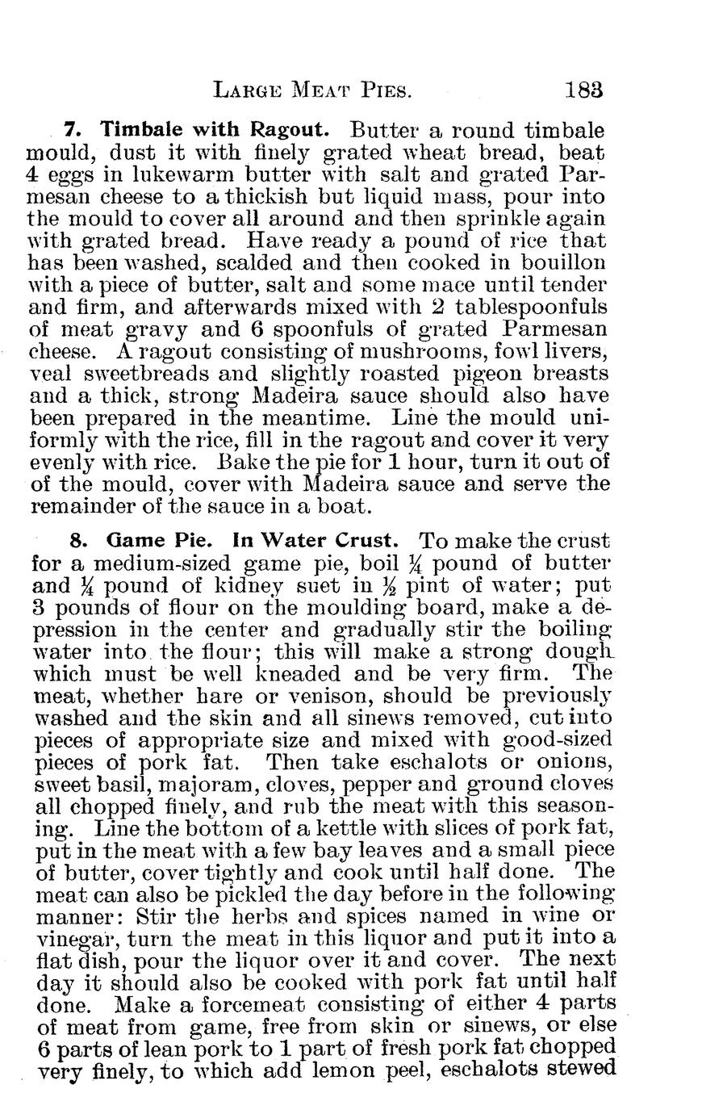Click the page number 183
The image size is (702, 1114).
pos(584,89)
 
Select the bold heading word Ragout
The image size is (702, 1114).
pos(289,130)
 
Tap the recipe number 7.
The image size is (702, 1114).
pos(71,130)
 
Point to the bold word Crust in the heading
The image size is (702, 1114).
pos(366,540)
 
